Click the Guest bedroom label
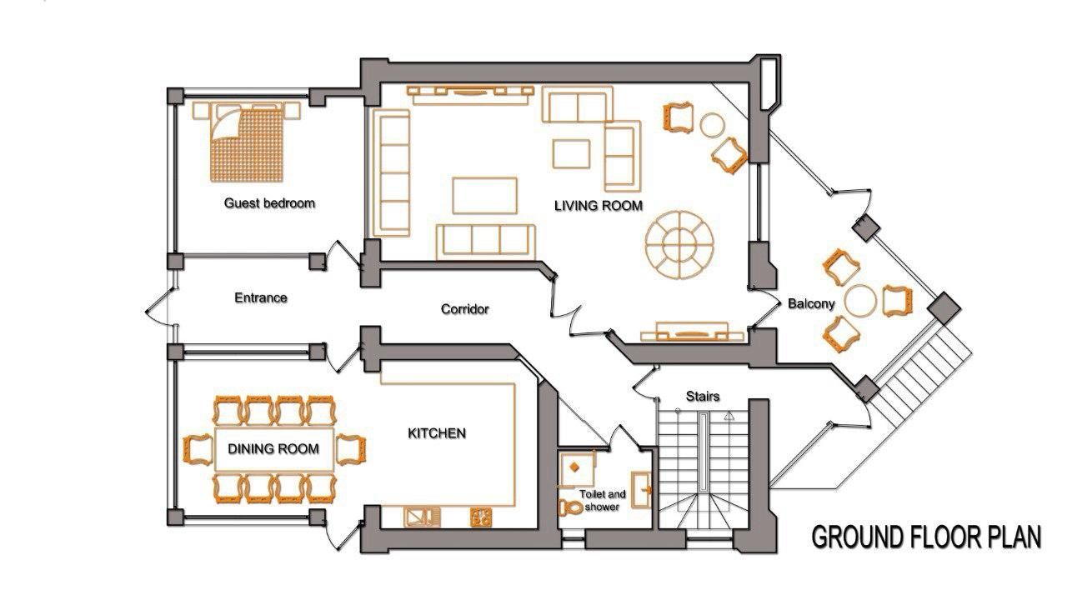269,202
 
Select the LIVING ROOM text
599,205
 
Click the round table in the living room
682,243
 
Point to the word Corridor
464,309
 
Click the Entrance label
260,297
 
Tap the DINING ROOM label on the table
273,449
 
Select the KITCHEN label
436,433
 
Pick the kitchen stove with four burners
482,517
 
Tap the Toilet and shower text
602,501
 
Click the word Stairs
702,396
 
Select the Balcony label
811,304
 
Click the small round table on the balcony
859,300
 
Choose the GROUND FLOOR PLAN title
926,538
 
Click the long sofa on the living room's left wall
393,172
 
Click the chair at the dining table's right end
350,449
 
